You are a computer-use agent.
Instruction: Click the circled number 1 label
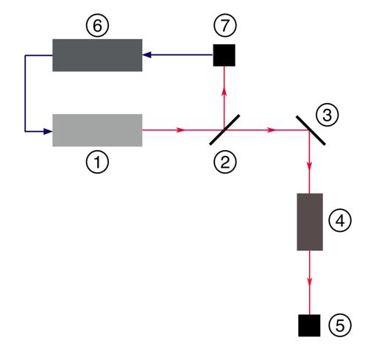coord(97,162)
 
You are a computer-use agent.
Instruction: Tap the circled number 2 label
coord(225,162)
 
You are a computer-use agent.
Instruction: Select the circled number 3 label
coord(328,115)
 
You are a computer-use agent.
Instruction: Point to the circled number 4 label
coord(340,220)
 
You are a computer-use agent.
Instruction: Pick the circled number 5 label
coord(340,325)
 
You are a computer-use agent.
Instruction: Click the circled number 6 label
coord(97,26)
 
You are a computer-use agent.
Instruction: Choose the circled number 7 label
coord(225,26)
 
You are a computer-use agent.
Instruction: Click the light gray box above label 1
coord(97,130)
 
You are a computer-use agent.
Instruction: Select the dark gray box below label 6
coord(97,55)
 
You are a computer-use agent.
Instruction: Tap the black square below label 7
coord(224,55)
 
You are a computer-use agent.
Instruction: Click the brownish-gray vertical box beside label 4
coord(310,222)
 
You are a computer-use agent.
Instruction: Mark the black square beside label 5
coord(309,325)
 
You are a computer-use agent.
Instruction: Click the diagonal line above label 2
coord(224,130)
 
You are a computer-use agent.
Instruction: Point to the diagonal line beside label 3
coord(311,130)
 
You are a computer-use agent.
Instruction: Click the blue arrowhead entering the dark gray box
coord(146,54)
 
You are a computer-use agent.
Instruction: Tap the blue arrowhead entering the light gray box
coord(48,132)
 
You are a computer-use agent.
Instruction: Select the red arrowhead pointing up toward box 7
coord(224,92)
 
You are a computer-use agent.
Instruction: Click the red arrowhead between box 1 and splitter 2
coord(181,130)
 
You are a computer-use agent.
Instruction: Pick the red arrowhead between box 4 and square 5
coord(310,281)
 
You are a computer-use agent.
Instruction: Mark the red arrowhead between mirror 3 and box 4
coord(310,166)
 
